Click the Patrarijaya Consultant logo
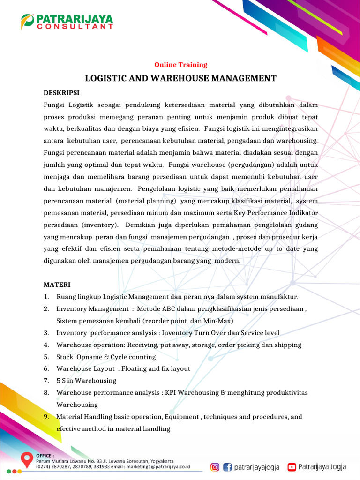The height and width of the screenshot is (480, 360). tap(67, 22)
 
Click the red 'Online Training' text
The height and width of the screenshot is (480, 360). tap(180, 65)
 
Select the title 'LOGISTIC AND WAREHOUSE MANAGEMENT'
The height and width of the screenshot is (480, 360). tap(180, 78)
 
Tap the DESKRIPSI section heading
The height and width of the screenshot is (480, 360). tap(61, 93)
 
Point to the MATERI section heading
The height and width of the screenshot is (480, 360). tap(57, 285)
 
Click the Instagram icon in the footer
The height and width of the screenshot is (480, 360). tap(215, 466)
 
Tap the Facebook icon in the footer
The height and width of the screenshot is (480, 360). tap(228, 466)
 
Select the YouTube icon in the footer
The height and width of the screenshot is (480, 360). tap(292, 466)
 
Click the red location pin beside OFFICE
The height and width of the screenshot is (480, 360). tap(27, 460)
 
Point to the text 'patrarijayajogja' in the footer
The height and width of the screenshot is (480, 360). tap(257, 466)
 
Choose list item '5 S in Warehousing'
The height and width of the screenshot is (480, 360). tap(86, 381)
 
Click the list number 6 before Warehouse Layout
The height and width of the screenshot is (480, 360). tap(46, 369)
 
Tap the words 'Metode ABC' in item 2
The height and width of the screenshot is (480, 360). tap(156, 309)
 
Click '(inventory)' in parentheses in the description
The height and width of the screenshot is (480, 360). tap(100, 225)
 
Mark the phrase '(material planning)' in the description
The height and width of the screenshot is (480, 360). tap(146, 201)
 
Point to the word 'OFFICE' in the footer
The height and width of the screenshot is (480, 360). tap(45, 455)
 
